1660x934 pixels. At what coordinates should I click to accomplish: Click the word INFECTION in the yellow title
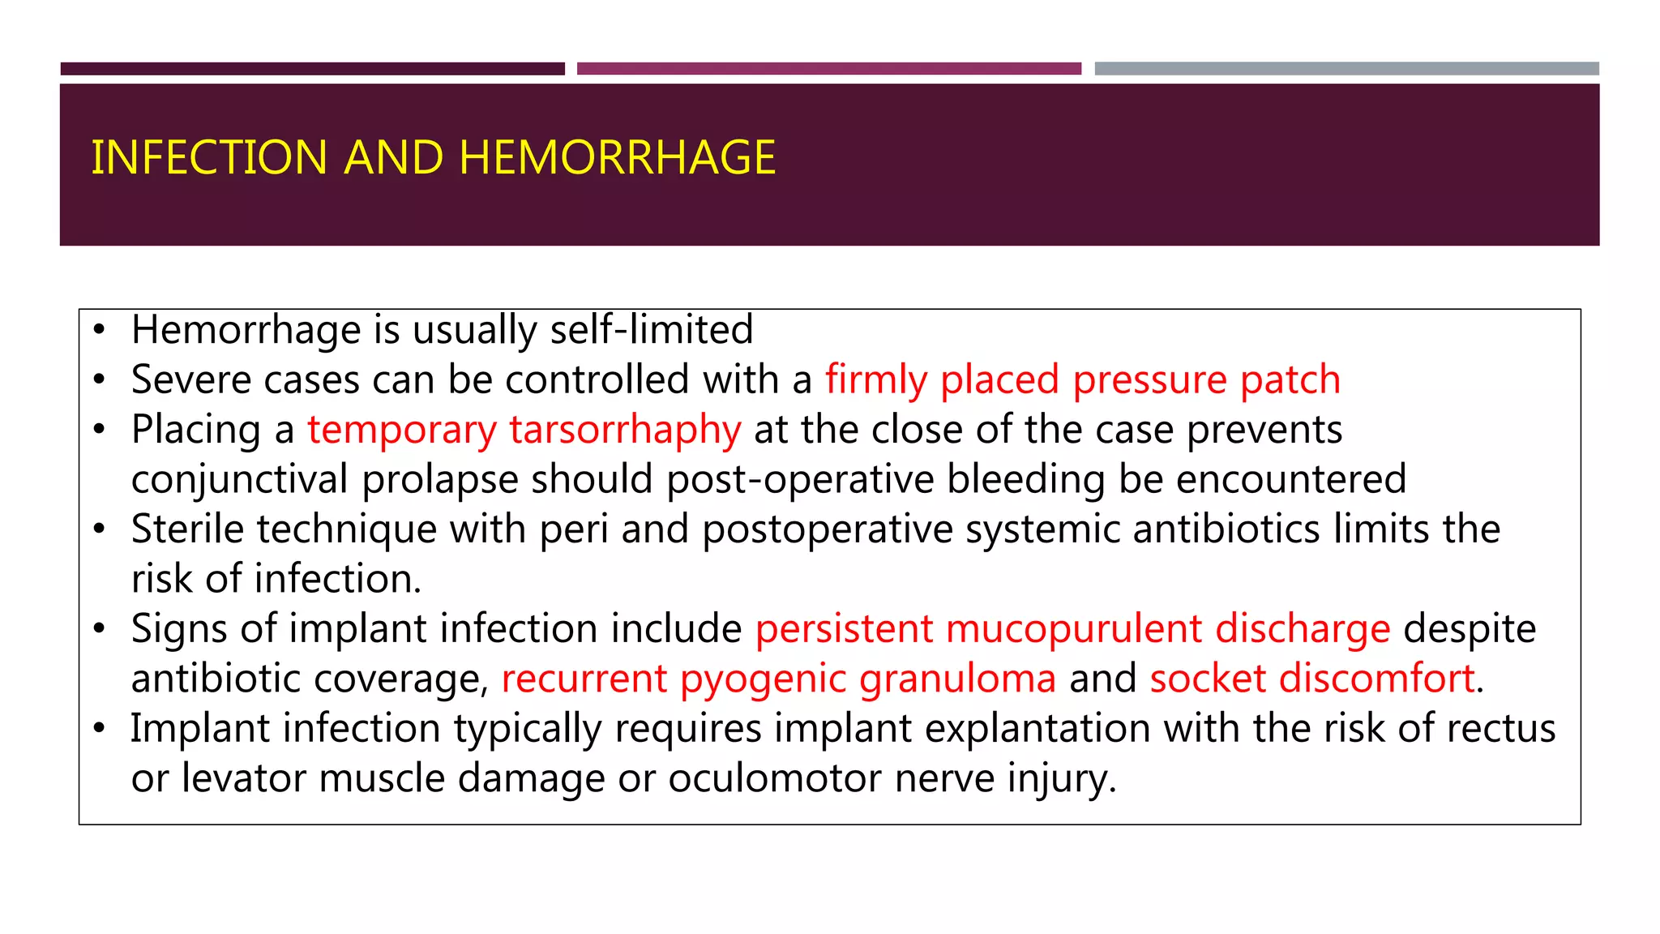tap(209, 157)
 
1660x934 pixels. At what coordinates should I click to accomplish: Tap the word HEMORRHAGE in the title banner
tap(617, 157)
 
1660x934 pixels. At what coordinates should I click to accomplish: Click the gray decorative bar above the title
tap(1346, 69)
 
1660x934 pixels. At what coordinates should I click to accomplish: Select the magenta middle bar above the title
tap(828, 69)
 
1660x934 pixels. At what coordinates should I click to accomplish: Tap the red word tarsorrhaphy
tap(625, 430)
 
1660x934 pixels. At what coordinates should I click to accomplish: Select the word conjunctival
tap(239, 479)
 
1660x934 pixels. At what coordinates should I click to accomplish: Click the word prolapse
tap(439, 479)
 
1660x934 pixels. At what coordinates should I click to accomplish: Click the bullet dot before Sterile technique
tap(99, 529)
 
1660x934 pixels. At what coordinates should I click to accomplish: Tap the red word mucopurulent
tap(1073, 629)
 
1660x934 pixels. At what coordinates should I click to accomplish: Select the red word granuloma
tap(957, 679)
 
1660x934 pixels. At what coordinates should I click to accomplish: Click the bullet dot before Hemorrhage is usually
tap(99, 330)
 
